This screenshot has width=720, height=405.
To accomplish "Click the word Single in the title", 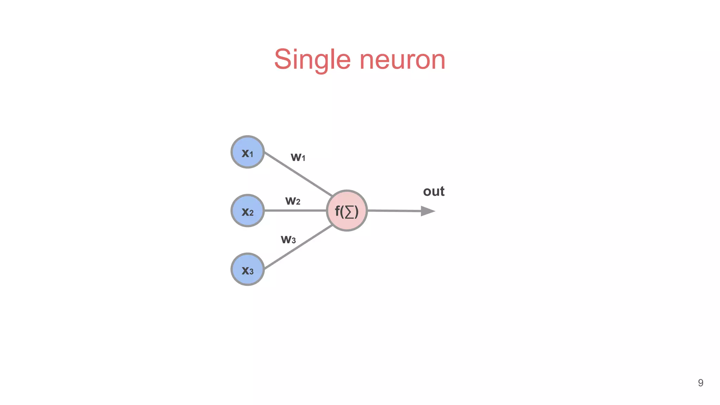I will [312, 60].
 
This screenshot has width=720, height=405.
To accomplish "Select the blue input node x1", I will [247, 152].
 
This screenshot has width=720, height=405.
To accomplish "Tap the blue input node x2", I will [247, 211].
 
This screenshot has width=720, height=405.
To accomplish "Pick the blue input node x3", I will [247, 269].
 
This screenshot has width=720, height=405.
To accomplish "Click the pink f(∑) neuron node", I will [347, 211].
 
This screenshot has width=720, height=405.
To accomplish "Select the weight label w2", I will [292, 201].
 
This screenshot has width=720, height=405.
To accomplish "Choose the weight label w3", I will [288, 239].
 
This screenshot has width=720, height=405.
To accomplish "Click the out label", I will [433, 191].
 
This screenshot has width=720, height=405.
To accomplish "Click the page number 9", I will [700, 383].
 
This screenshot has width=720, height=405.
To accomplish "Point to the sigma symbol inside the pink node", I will [349, 212].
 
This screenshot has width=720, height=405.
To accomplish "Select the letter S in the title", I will [283, 59].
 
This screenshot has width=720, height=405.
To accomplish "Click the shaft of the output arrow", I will [394, 211].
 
